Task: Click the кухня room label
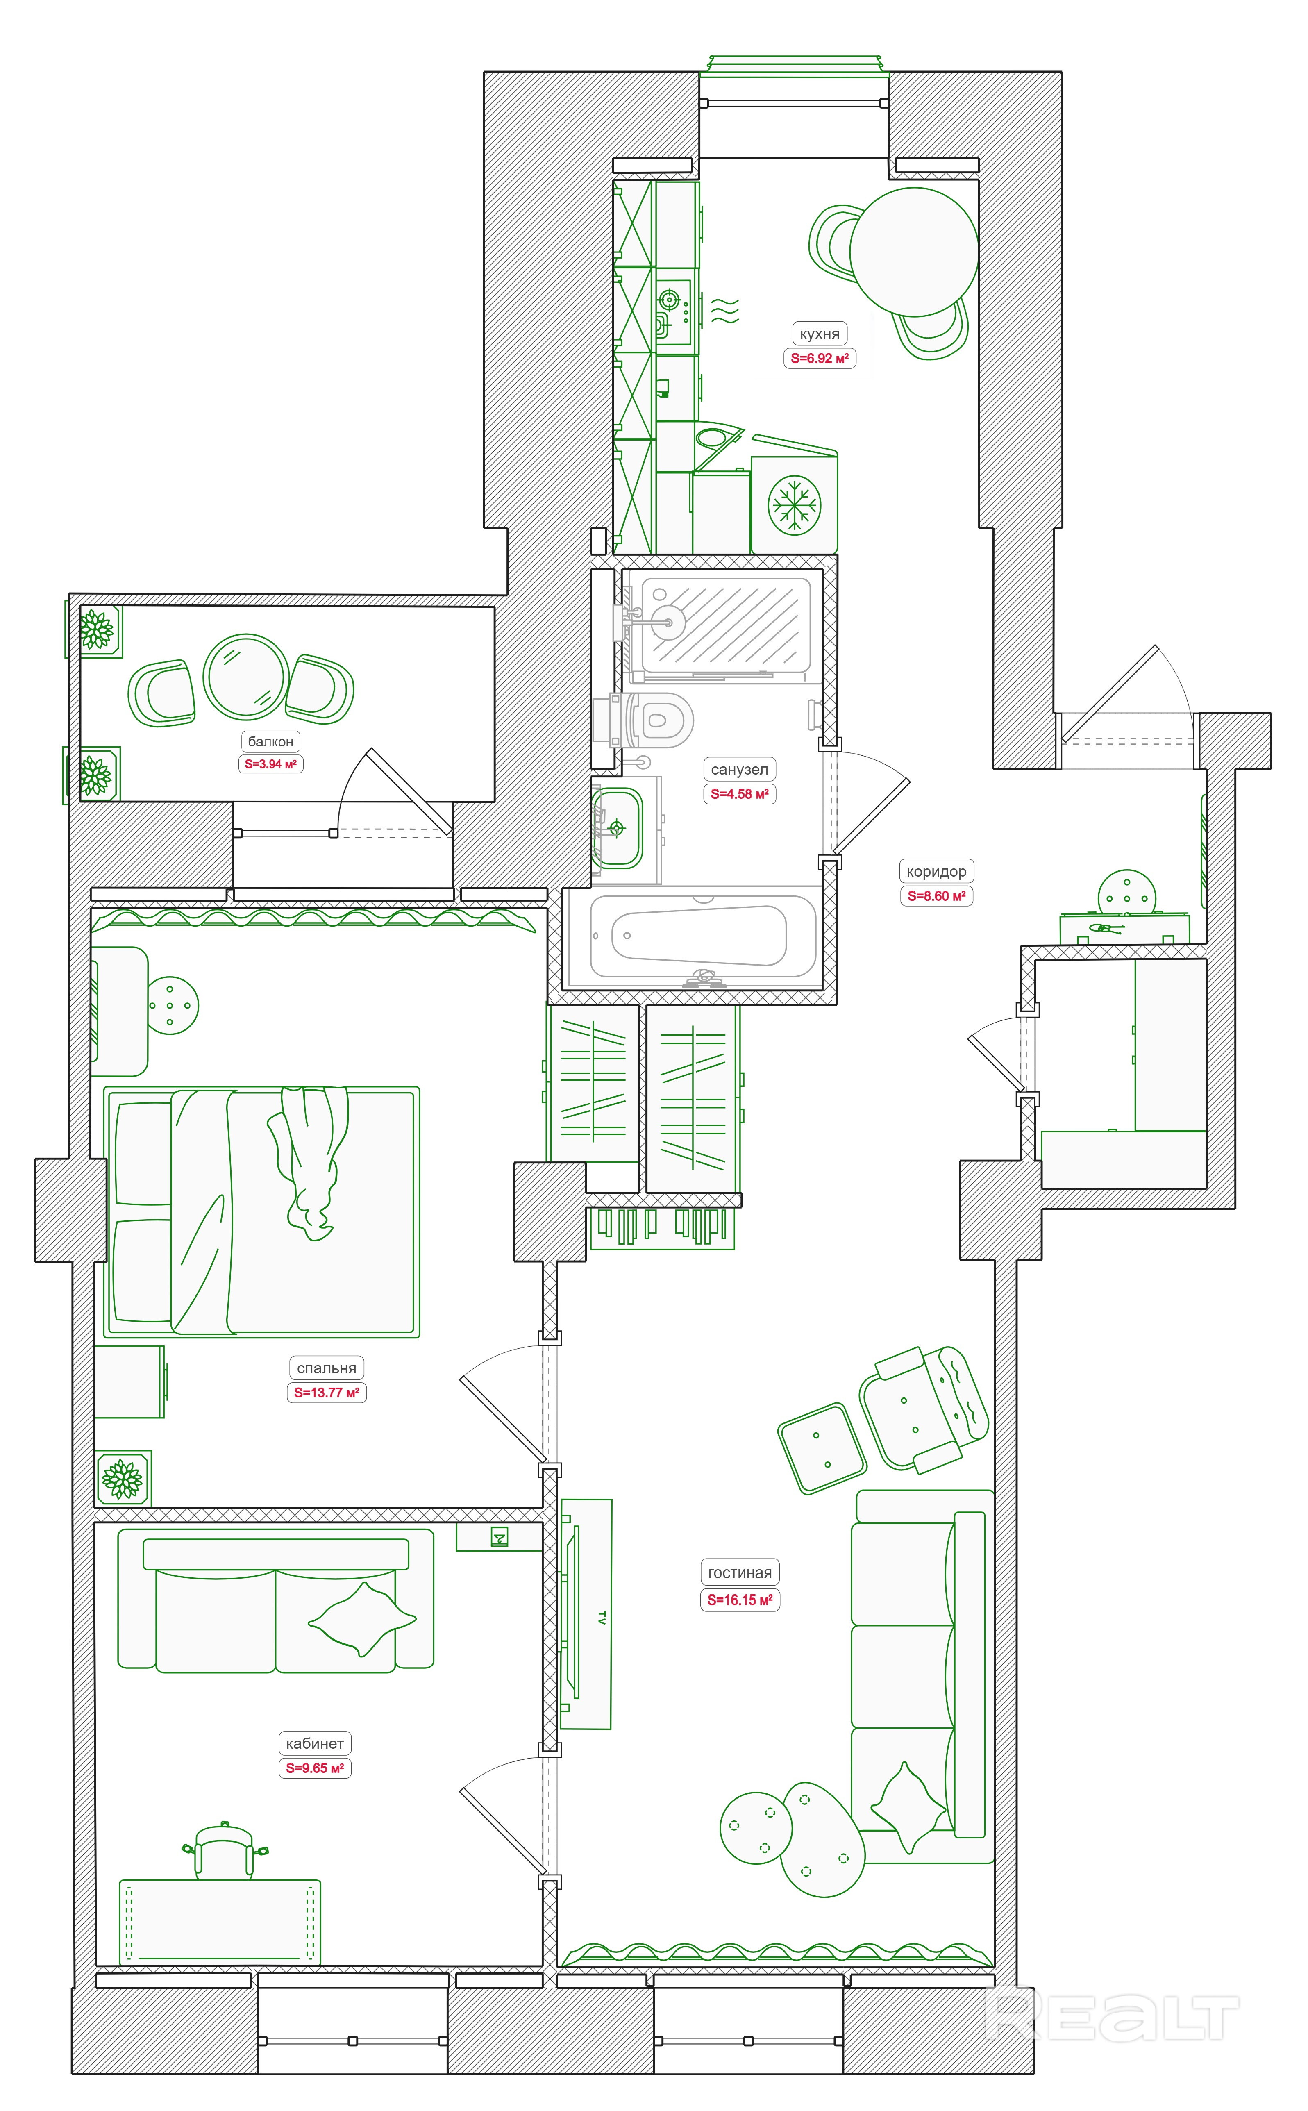point(818,334)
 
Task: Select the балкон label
point(271,741)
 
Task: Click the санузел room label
point(739,769)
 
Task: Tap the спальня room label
point(326,1369)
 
